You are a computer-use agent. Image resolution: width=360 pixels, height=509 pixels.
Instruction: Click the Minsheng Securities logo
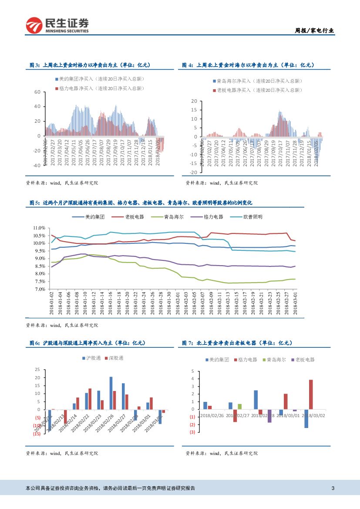click(57, 25)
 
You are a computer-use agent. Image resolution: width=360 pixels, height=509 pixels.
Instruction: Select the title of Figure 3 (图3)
click(90, 65)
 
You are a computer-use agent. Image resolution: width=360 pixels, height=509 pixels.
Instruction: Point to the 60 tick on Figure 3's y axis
click(37, 92)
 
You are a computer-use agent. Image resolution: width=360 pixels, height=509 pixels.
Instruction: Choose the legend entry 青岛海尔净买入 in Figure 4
click(257, 81)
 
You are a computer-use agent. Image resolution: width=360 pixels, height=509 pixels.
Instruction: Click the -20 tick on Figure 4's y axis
click(194, 172)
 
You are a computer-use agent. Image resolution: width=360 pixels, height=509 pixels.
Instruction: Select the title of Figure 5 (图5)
click(141, 203)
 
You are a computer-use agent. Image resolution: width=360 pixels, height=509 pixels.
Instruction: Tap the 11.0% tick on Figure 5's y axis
click(39, 228)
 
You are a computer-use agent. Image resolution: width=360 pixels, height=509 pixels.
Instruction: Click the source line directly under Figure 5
click(62, 325)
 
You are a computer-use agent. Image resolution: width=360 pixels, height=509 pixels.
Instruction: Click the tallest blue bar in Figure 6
click(111, 393)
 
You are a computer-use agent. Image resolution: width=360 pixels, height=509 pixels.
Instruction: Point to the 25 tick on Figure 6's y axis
click(37, 370)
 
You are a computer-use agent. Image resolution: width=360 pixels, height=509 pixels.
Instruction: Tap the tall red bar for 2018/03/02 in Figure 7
click(311, 394)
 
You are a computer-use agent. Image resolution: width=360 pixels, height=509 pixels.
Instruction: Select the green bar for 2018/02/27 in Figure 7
click(239, 406)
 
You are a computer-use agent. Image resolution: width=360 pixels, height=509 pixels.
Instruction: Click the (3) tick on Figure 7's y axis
click(192, 432)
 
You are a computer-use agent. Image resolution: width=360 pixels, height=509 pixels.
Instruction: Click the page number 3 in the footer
click(333, 488)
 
